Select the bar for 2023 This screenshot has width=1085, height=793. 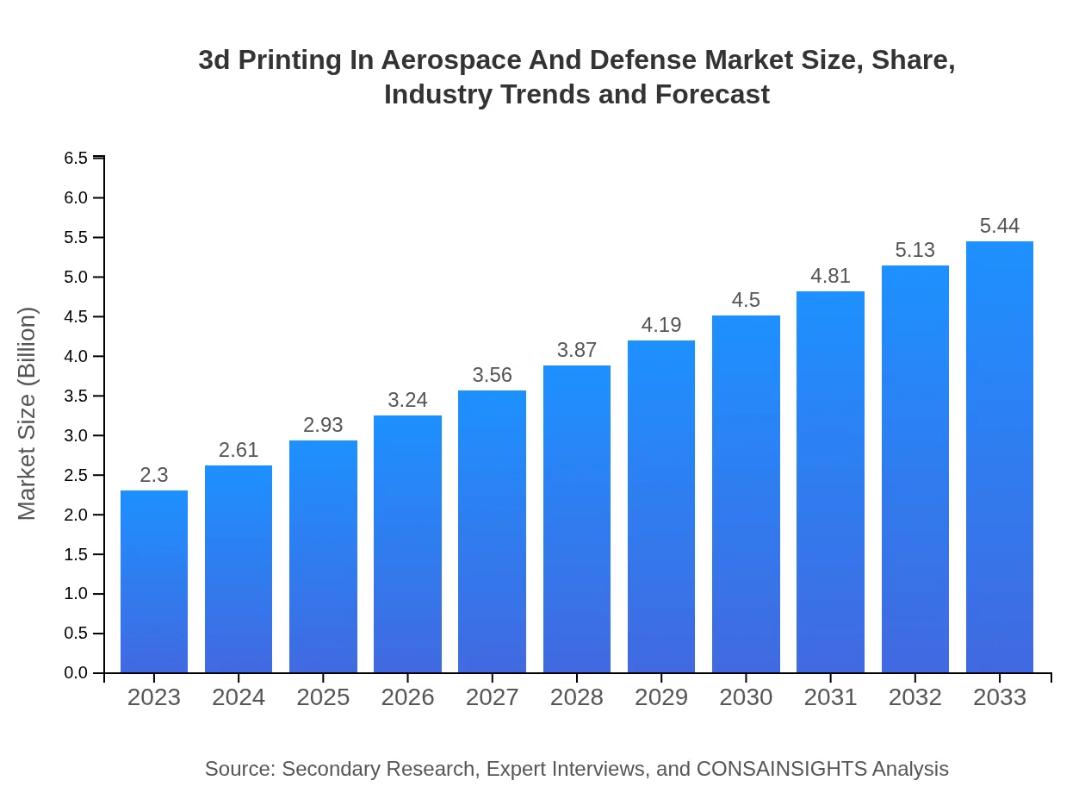154,582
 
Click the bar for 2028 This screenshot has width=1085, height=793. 577,519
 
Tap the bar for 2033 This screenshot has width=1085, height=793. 1000,457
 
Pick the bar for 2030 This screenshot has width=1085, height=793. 746,494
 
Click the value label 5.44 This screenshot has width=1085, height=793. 1000,226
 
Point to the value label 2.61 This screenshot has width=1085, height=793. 239,450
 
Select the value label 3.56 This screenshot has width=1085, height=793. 493,375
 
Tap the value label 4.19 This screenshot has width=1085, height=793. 661,325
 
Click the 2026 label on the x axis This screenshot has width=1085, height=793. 408,697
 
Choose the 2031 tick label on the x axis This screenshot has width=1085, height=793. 831,697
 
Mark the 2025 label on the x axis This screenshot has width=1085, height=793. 323,697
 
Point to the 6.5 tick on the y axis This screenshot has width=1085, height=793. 76,158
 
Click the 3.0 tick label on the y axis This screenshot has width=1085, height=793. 76,435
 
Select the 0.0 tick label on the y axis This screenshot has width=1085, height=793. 76,673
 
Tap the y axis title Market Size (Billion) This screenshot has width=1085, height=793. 28,414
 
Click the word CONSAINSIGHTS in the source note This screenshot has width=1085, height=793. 781,768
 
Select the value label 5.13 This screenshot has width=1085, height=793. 915,250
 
